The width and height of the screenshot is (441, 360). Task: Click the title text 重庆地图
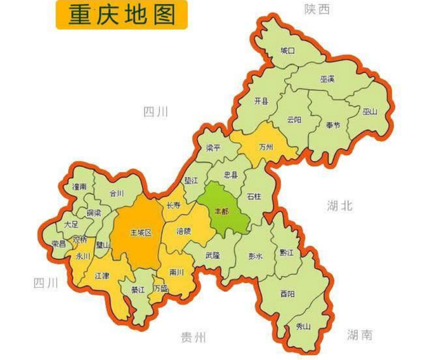pos(122,14)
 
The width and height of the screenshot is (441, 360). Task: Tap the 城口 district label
pos(287,51)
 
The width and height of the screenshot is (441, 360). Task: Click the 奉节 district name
pos(334,125)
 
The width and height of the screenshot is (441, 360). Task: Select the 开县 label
pos(262,100)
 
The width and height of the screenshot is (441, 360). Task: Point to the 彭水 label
pos(256,255)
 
